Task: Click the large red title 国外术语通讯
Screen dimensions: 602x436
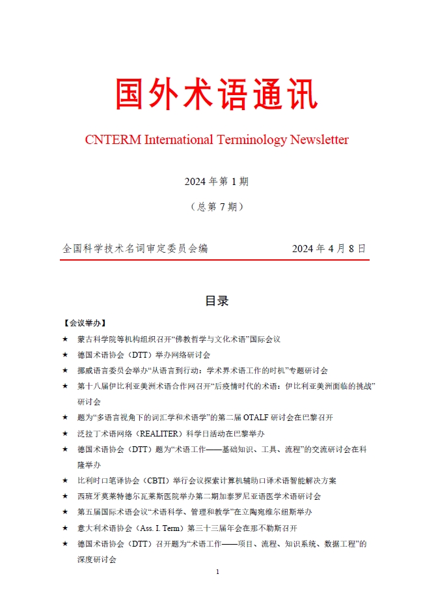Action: (x=217, y=94)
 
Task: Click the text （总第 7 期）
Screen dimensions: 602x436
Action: (x=217, y=207)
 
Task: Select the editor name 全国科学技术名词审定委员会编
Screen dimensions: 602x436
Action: (x=135, y=249)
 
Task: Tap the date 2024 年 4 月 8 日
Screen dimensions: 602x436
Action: (x=329, y=249)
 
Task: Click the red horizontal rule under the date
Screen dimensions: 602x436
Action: (x=215, y=260)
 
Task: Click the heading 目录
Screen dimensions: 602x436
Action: (x=217, y=301)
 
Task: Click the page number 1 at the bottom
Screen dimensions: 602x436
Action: (x=217, y=571)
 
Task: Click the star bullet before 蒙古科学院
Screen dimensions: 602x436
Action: (x=64, y=339)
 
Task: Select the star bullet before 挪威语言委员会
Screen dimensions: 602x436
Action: (x=64, y=371)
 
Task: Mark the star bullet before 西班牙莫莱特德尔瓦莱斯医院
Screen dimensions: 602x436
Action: (x=64, y=496)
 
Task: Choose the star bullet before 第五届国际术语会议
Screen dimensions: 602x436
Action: (x=64, y=512)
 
